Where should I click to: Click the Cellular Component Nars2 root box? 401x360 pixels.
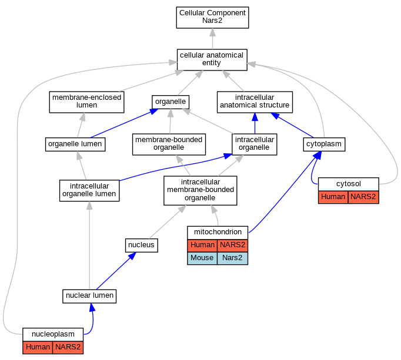(212, 18)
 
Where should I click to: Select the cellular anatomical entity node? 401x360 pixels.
(212, 60)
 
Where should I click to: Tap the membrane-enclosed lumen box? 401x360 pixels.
(86, 102)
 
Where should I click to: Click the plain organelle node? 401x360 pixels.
(171, 102)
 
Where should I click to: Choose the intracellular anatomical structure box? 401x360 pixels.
(255, 102)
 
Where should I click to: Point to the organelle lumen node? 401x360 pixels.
(75, 144)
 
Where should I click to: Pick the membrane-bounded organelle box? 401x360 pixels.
(169, 144)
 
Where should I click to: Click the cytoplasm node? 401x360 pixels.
(324, 144)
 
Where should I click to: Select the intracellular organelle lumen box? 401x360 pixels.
(89, 191)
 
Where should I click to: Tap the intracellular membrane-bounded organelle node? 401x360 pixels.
(200, 190)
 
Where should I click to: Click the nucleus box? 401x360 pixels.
(142, 245)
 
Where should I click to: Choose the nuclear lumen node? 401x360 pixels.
(89, 296)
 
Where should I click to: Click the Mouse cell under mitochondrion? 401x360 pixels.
(202, 258)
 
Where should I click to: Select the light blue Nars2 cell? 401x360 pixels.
(232, 258)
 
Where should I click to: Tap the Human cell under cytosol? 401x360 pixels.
(333, 197)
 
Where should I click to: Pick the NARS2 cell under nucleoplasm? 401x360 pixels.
(68, 348)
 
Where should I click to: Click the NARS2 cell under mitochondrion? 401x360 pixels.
(232, 245)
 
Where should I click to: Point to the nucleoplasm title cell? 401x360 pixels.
(53, 334)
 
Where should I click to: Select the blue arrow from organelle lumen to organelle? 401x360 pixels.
(124, 123)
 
